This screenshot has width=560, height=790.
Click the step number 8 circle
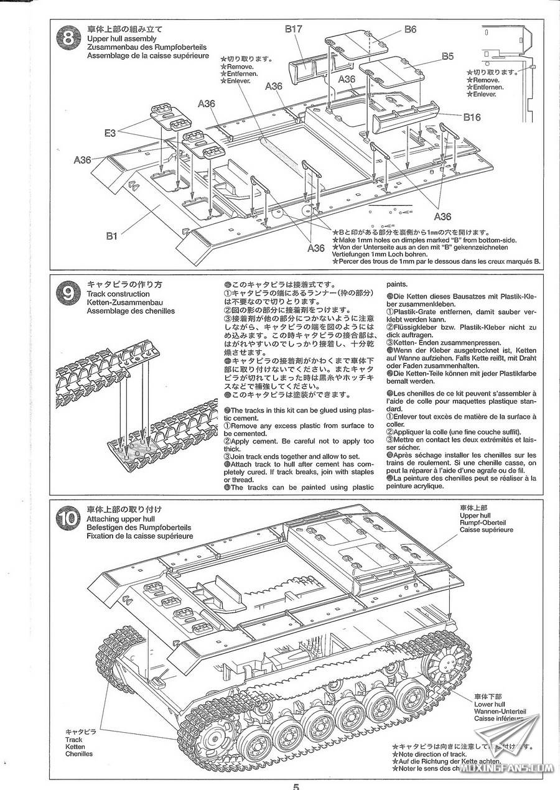[x=66, y=39]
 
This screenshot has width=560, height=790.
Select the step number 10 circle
[x=66, y=518]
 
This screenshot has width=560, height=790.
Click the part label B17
[x=294, y=29]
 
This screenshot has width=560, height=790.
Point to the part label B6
[x=410, y=29]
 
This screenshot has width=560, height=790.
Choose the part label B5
[x=447, y=56]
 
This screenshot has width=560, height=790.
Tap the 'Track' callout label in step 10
[x=74, y=740]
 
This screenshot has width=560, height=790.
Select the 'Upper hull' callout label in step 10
[x=475, y=516]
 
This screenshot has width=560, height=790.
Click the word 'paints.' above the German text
[x=399, y=282]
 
